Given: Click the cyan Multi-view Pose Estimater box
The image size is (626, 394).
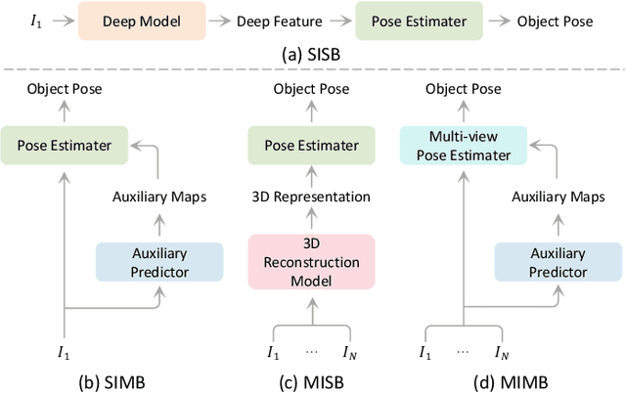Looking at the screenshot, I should (x=463, y=148).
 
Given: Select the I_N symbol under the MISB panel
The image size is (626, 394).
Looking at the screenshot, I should (x=350, y=351).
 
